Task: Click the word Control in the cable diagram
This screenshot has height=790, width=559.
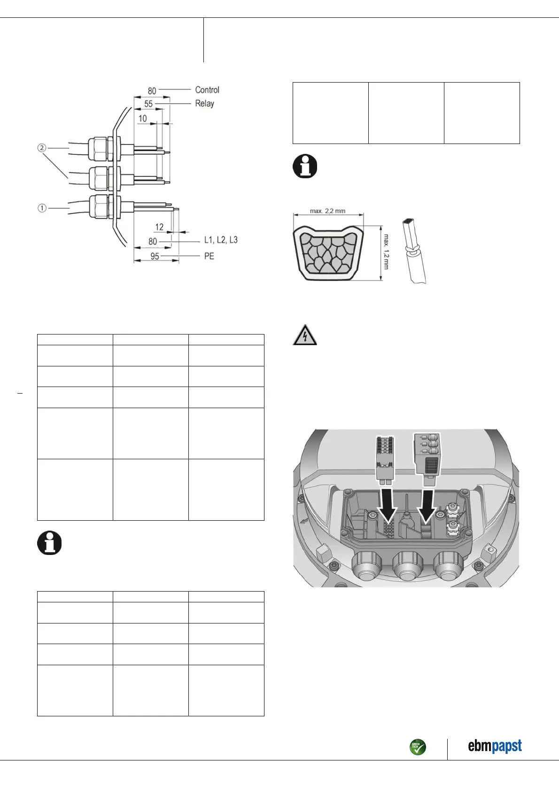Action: [x=207, y=90]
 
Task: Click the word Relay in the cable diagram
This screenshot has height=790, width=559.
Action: [x=204, y=103]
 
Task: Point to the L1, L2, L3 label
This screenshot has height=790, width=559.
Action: [x=221, y=240]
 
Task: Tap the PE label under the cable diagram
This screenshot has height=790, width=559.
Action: [x=209, y=256]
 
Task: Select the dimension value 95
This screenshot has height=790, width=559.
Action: [x=155, y=256]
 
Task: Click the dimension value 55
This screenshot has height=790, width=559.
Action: [x=148, y=104]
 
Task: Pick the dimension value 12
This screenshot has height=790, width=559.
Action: [x=159, y=227]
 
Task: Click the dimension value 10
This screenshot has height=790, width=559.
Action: [x=142, y=118]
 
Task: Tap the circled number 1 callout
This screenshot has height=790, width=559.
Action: [x=42, y=207]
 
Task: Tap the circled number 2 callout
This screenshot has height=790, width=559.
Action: [x=42, y=148]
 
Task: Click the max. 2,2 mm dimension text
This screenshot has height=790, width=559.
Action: [x=327, y=211]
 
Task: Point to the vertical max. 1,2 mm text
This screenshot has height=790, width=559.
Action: [x=386, y=252]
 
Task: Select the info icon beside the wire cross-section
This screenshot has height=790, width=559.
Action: [x=305, y=166]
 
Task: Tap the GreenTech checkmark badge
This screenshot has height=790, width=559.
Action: [x=418, y=747]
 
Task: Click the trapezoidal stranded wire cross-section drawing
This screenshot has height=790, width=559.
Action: [x=328, y=253]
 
